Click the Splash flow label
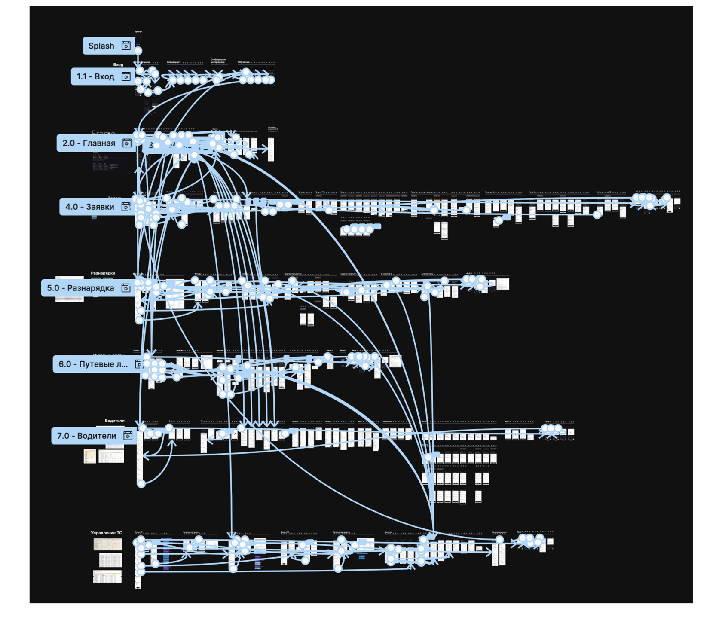click(101, 46)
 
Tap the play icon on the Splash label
click(126, 46)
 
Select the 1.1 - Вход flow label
click(95, 76)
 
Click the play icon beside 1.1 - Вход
click(126, 76)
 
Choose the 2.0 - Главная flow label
click(89, 143)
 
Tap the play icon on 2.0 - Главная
click(127, 143)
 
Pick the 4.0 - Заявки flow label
click(90, 207)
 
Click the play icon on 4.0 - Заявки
click(126, 207)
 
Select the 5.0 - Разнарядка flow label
click(80, 288)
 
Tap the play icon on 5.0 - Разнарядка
click(126, 288)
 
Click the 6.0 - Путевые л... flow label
click(93, 364)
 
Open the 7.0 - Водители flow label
click(87, 436)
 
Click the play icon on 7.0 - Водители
click(128, 436)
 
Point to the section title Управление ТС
click(106, 533)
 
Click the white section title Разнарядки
click(103, 273)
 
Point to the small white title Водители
click(114, 421)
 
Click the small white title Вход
click(118, 64)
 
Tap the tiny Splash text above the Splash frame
click(138, 31)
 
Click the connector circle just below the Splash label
click(138, 51)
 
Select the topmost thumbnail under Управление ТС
click(107, 544)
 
